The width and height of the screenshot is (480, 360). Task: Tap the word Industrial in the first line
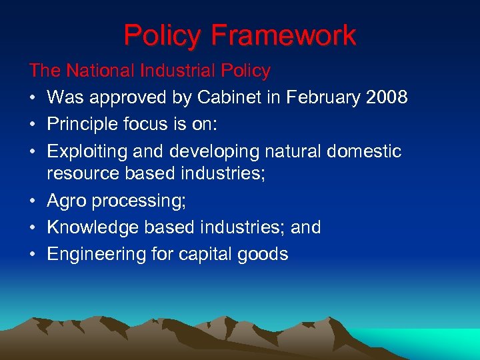coord(180,71)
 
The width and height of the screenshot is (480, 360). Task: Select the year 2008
coord(387,97)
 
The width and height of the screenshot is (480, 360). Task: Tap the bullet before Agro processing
coord(33,201)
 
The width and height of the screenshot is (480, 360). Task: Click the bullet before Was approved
coord(33,98)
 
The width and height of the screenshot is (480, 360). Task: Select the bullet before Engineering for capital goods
coord(33,255)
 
